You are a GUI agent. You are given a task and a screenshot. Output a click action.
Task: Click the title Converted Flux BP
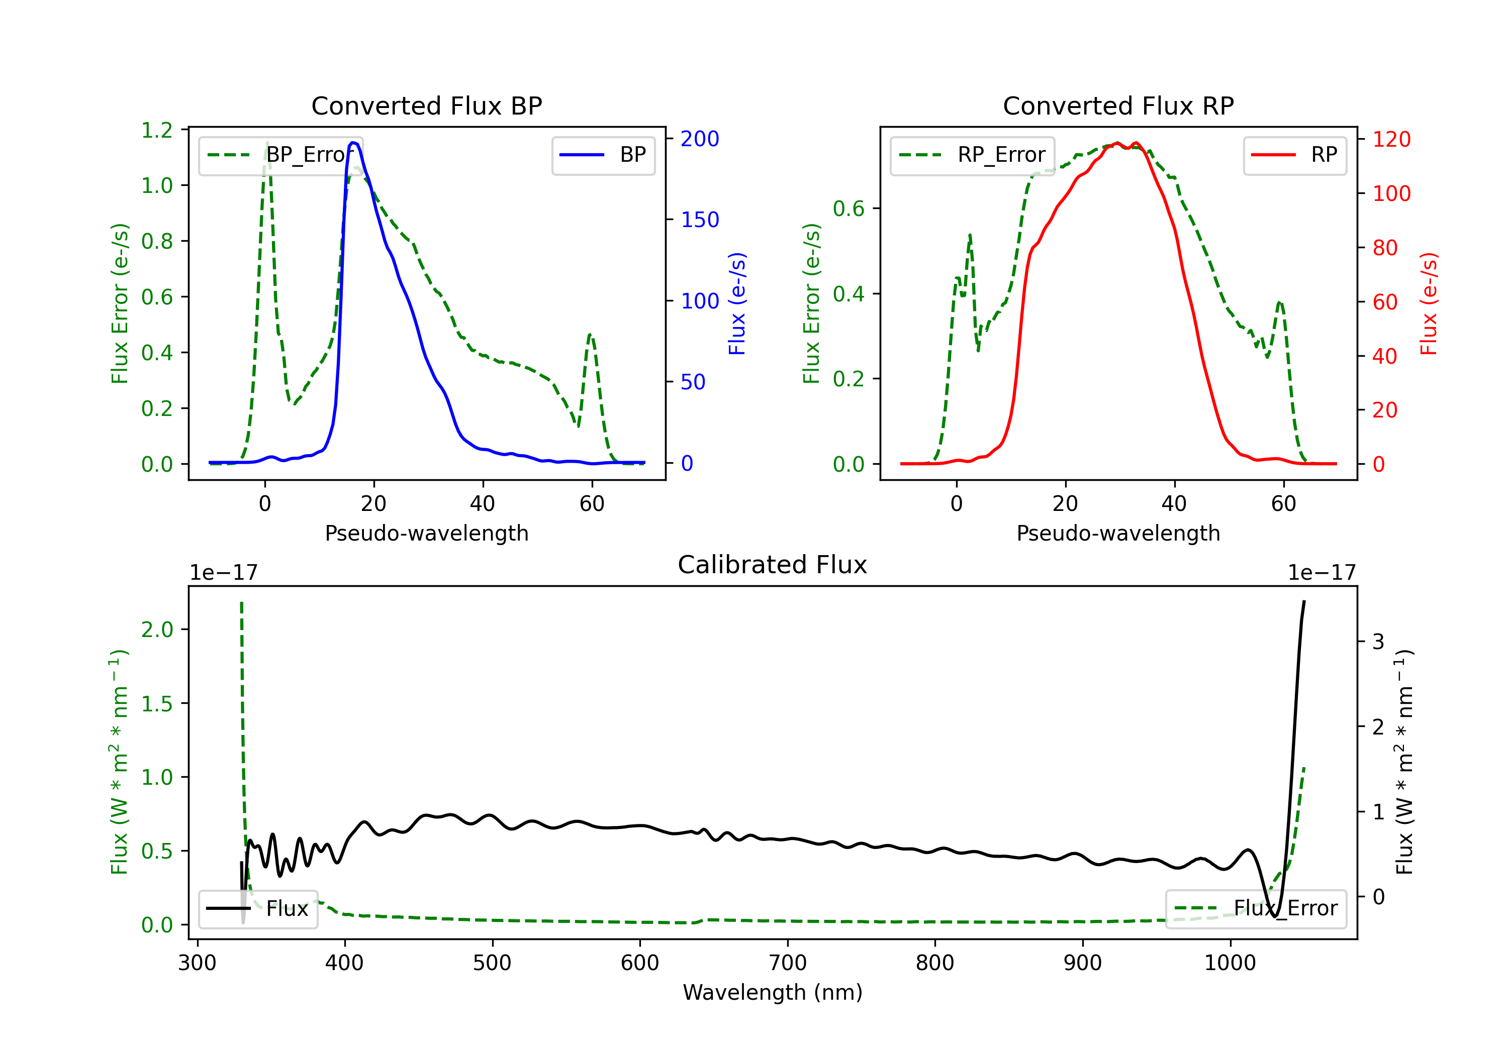[426, 105]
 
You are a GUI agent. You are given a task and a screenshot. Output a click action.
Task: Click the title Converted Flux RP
[1118, 105]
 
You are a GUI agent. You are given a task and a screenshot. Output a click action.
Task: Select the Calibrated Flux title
[773, 565]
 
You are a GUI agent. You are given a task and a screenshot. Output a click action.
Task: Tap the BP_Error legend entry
[280, 155]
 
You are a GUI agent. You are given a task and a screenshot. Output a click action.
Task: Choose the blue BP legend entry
[603, 155]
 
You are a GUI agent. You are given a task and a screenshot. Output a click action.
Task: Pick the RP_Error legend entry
[972, 155]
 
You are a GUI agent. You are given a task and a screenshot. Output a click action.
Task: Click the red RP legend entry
[1294, 155]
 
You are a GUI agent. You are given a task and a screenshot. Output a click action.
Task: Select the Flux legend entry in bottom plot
[257, 909]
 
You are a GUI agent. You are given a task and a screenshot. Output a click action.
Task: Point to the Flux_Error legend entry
[1256, 909]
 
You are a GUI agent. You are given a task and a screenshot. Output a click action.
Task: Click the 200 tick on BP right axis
[700, 139]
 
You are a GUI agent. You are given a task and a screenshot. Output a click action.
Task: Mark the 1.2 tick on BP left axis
[157, 130]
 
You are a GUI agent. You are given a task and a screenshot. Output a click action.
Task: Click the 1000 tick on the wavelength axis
[1230, 963]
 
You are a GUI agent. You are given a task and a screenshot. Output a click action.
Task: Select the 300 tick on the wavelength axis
[197, 963]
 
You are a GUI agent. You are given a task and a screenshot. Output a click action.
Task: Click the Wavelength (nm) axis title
[773, 993]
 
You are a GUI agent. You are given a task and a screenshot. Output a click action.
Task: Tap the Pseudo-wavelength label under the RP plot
[1118, 533]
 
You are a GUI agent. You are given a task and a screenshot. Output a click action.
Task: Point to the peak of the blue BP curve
[353, 143]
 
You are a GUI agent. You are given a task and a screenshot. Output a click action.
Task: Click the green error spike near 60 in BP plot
[590, 336]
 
